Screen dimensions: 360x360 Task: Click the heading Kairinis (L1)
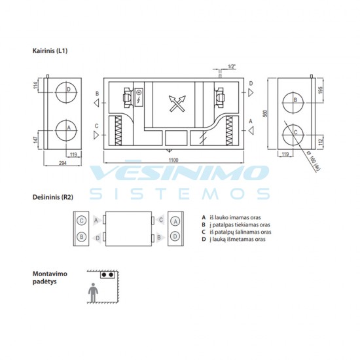click(x=50, y=51)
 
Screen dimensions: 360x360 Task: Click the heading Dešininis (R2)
click(x=53, y=197)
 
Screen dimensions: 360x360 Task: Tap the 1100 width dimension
click(x=173, y=160)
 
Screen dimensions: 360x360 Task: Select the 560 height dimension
click(x=265, y=113)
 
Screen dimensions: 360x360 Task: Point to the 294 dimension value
click(x=63, y=163)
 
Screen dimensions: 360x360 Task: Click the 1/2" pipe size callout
click(x=232, y=67)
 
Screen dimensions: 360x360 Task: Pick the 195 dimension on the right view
click(x=321, y=90)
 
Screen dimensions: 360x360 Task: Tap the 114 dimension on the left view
click(x=36, y=85)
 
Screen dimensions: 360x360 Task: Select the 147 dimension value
click(x=35, y=140)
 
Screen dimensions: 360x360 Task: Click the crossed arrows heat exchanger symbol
click(x=177, y=103)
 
